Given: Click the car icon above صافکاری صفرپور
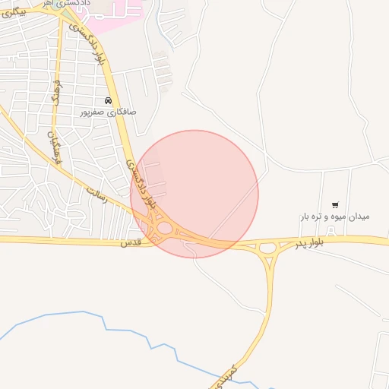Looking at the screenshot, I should (109, 100).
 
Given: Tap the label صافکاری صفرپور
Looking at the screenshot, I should (109, 112).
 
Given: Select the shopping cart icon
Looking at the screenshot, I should (335, 204).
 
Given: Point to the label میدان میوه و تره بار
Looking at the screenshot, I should (334, 217).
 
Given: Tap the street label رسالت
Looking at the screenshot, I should (96, 191).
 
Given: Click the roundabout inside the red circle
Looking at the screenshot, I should (165, 227).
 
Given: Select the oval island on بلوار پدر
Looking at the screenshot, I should (267, 247).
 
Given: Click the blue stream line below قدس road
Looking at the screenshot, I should (106, 327).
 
